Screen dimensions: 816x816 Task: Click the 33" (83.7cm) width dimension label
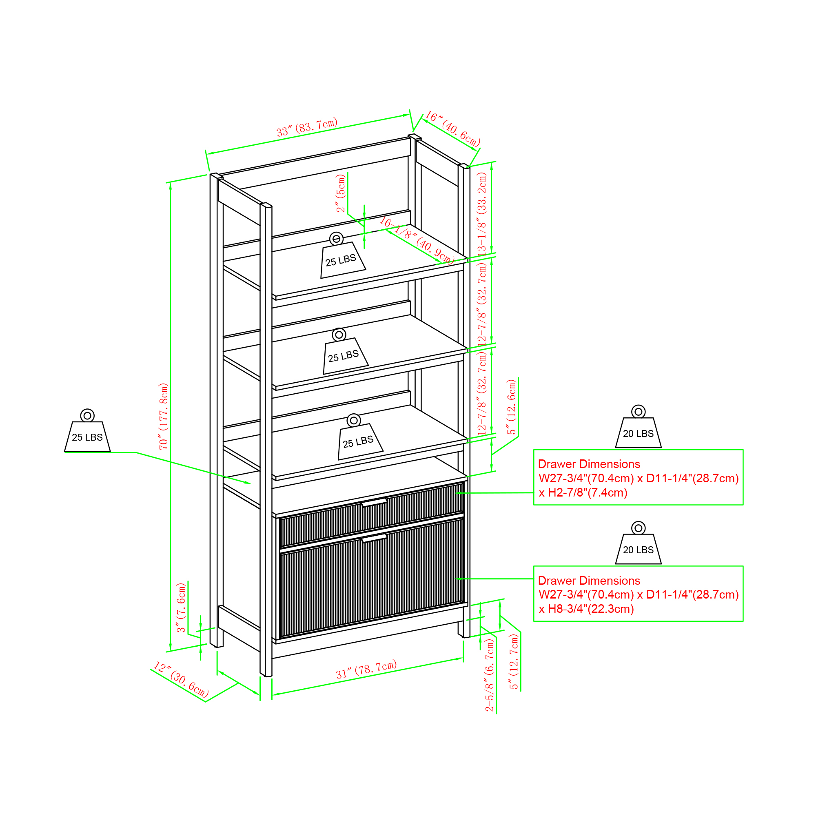307,127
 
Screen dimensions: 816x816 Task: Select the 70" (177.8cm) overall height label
164,416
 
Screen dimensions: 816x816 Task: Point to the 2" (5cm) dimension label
340,193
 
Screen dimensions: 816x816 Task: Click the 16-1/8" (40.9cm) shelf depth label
417,240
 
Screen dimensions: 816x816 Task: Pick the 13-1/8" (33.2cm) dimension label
482,213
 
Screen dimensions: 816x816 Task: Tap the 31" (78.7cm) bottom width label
366,669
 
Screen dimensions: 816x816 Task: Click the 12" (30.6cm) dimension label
181,680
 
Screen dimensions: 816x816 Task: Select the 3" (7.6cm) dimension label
181,608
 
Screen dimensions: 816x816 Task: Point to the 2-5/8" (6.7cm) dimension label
489,675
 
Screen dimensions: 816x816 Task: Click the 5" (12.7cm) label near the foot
514,662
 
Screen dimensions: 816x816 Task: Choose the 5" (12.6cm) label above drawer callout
512,407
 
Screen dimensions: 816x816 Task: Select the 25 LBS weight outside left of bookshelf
87,430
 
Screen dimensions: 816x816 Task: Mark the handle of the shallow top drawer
374,502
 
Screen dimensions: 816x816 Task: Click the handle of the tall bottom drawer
374,538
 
